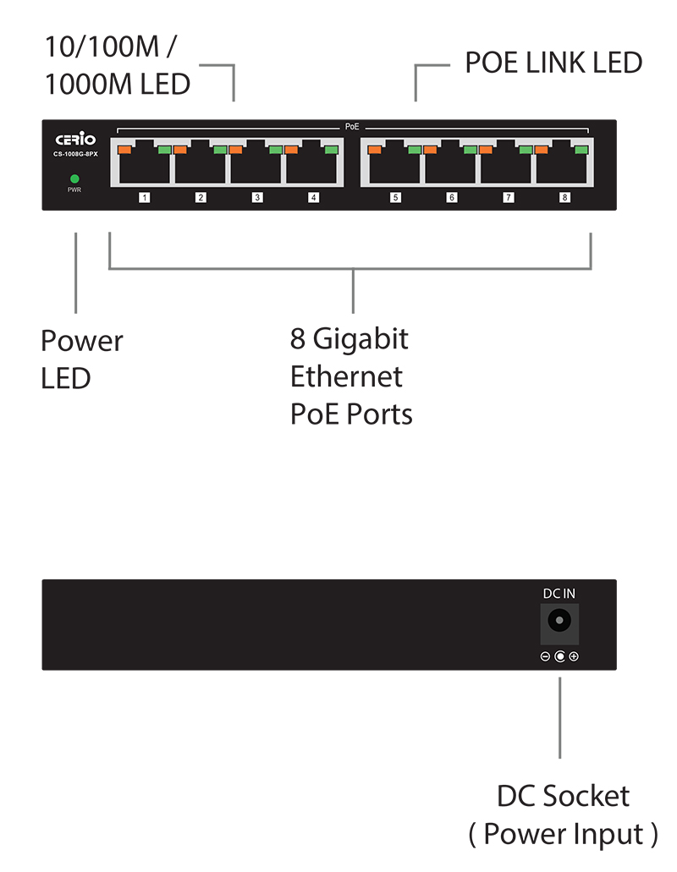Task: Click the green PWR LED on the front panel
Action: (x=74, y=178)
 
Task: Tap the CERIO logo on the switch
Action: (x=76, y=139)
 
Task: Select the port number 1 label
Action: (x=145, y=198)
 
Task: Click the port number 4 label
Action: (x=313, y=198)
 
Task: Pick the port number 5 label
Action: (x=395, y=198)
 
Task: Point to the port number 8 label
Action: (x=564, y=198)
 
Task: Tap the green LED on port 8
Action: (x=581, y=150)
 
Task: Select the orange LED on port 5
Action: (x=376, y=150)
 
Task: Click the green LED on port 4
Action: (x=331, y=150)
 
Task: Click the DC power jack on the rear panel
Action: (x=559, y=622)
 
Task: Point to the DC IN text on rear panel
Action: (x=559, y=595)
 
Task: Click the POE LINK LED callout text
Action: (x=553, y=63)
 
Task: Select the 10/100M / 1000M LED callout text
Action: (x=117, y=65)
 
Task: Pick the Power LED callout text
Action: (x=81, y=359)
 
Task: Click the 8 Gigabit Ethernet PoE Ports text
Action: (x=351, y=376)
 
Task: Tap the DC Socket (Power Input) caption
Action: (x=563, y=814)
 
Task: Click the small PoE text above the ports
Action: (x=352, y=126)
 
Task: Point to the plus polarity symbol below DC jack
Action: (x=574, y=657)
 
